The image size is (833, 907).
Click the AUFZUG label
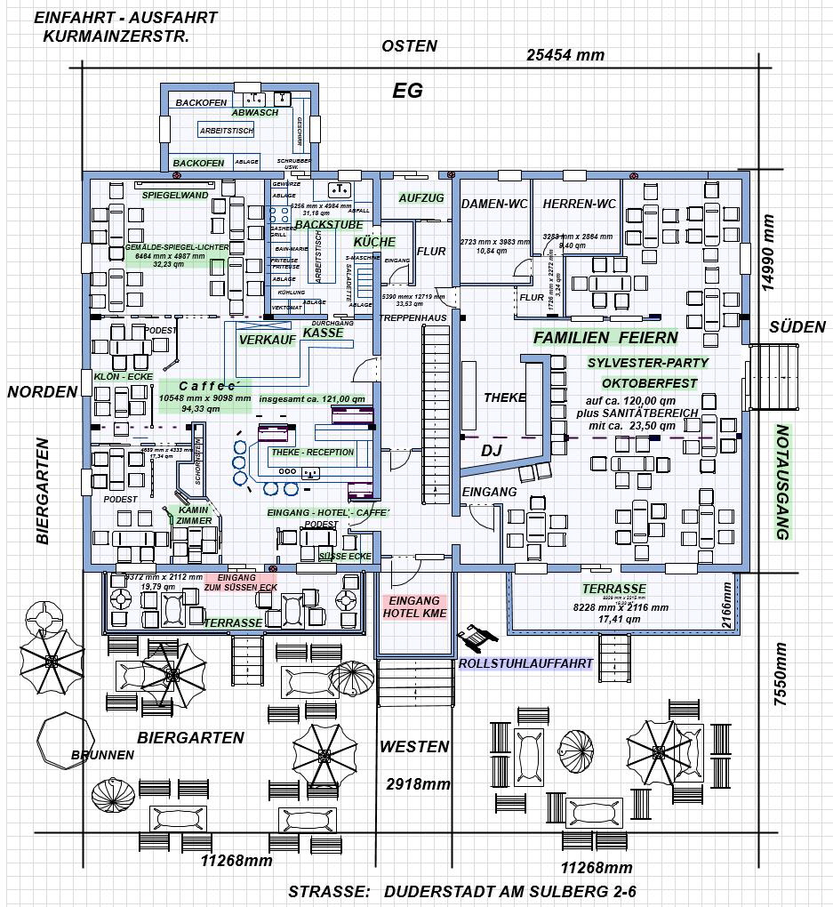click(x=421, y=197)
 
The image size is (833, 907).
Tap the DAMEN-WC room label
click(x=494, y=204)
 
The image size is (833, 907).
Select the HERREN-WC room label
click(x=579, y=204)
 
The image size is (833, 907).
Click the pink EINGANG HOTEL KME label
click(x=414, y=607)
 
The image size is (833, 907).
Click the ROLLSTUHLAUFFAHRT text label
click(x=525, y=663)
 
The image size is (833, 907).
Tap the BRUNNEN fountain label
click(x=102, y=755)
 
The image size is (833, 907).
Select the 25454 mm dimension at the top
click(x=565, y=55)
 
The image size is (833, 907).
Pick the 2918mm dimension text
click(x=418, y=784)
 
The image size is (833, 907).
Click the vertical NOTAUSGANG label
click(x=782, y=482)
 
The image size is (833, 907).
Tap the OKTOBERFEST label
click(x=648, y=383)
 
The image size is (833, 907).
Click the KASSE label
click(x=323, y=333)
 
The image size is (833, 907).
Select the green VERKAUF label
click(x=268, y=341)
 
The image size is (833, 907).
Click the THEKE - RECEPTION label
click(x=312, y=452)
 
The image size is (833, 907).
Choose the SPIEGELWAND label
click(x=175, y=195)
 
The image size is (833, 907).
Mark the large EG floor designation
click(x=408, y=91)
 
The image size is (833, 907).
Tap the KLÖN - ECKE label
click(x=124, y=377)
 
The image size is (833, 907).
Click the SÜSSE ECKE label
click(x=345, y=556)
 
